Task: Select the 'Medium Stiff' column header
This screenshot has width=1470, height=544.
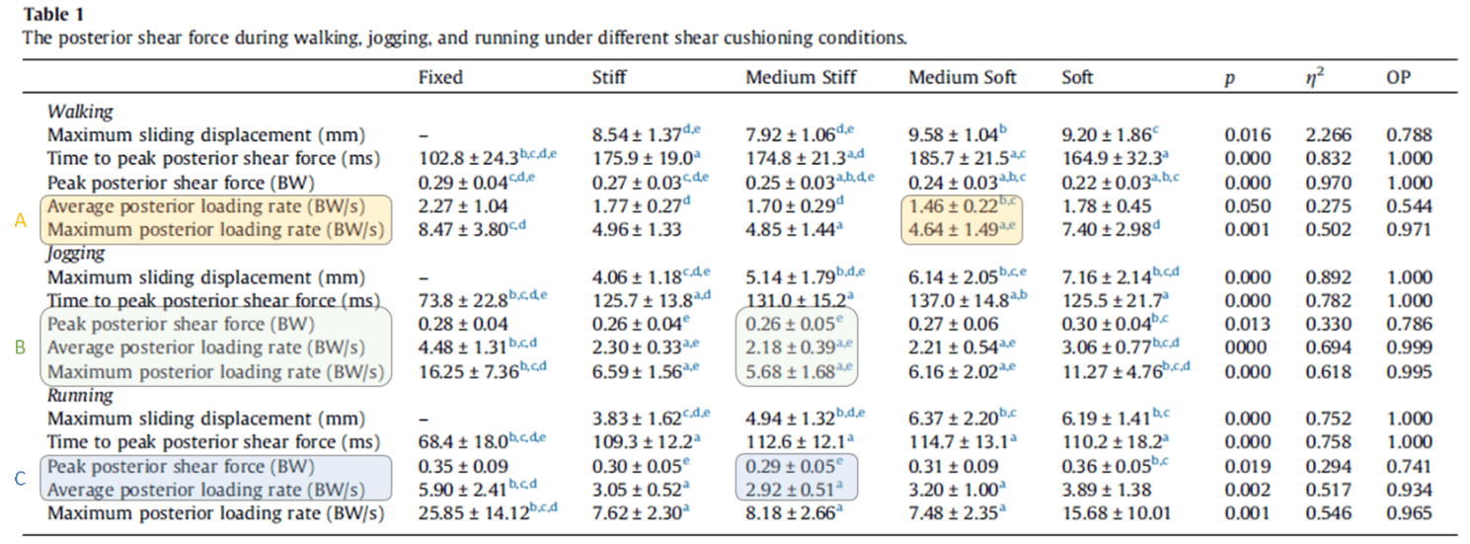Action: (801, 77)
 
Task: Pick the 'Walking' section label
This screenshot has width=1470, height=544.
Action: (80, 112)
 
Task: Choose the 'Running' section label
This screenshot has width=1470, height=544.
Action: (80, 395)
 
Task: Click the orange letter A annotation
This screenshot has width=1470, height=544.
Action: (20, 220)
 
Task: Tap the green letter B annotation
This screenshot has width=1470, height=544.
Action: (20, 348)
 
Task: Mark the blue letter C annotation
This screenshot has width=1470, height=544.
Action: (20, 479)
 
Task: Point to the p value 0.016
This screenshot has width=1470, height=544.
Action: (1248, 135)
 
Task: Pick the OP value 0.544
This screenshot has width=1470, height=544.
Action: (1407, 206)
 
